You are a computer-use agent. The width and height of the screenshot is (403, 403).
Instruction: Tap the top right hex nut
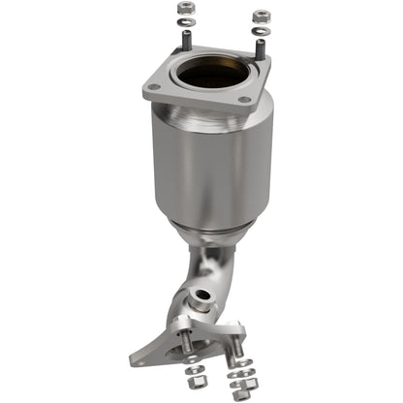260,15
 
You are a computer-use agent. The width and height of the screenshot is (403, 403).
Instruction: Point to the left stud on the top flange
185,42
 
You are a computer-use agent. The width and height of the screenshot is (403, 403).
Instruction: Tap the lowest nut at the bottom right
237,393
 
